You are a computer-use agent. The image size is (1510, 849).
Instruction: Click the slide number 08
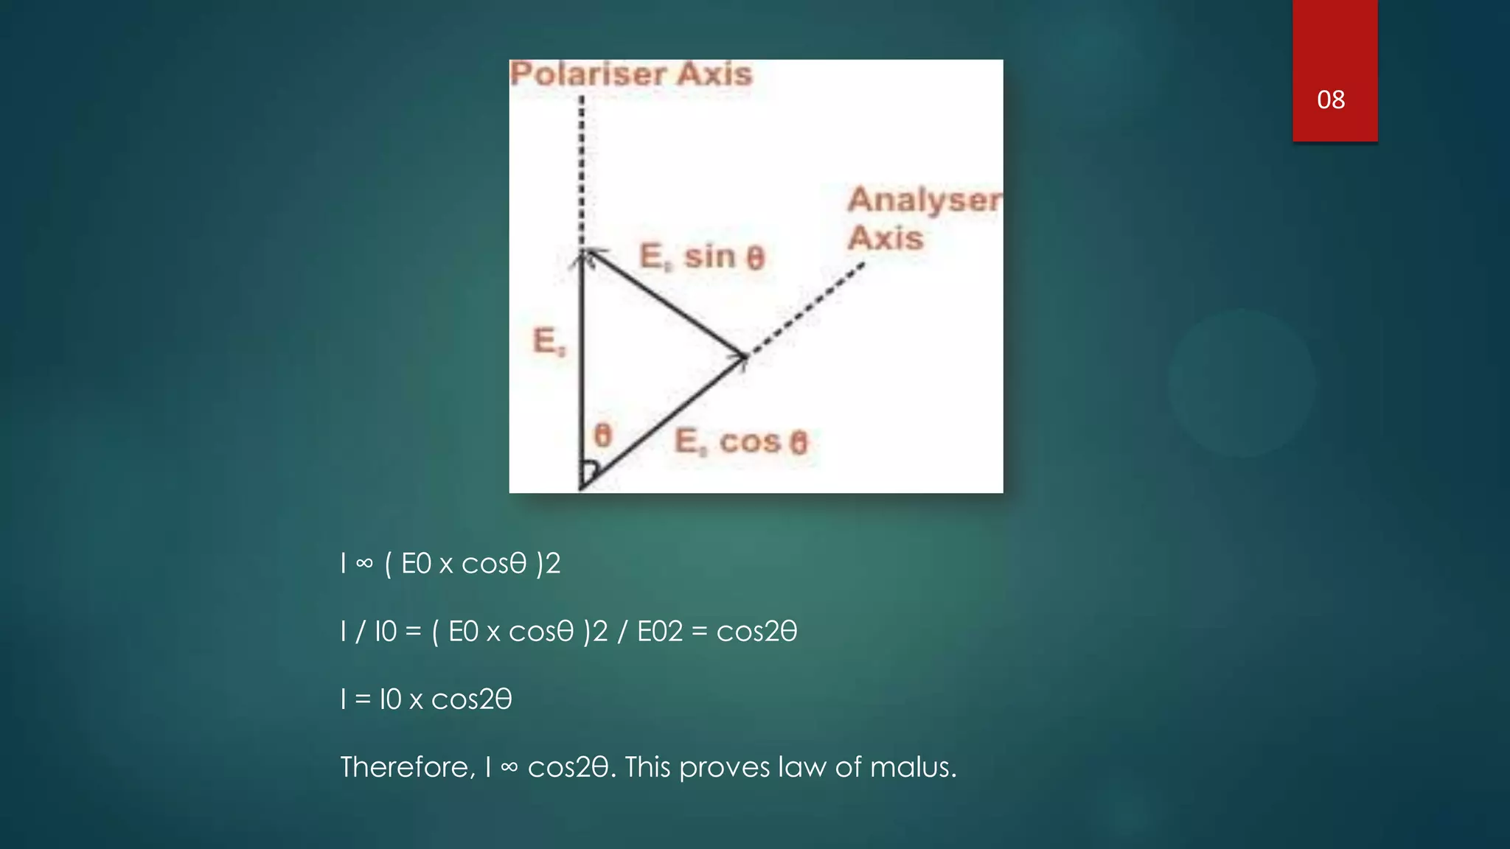1331,99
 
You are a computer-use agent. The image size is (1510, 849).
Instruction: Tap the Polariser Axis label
631,74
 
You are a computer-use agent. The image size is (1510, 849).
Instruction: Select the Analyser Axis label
924,218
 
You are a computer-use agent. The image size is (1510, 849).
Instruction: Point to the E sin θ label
702,256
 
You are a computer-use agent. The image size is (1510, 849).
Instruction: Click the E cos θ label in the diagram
741,442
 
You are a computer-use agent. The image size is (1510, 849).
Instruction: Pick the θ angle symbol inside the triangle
603,436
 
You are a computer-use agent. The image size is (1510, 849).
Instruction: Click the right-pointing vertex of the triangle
743,357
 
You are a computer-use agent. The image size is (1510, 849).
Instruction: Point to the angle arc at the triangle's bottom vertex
591,470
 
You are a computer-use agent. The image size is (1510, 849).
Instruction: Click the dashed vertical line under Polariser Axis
582,170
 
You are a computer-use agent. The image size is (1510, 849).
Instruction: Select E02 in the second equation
660,632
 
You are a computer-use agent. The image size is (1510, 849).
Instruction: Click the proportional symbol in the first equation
364,565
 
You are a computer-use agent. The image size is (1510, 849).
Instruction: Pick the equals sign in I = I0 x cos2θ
363,699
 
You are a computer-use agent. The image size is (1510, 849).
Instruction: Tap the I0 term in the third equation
390,699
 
